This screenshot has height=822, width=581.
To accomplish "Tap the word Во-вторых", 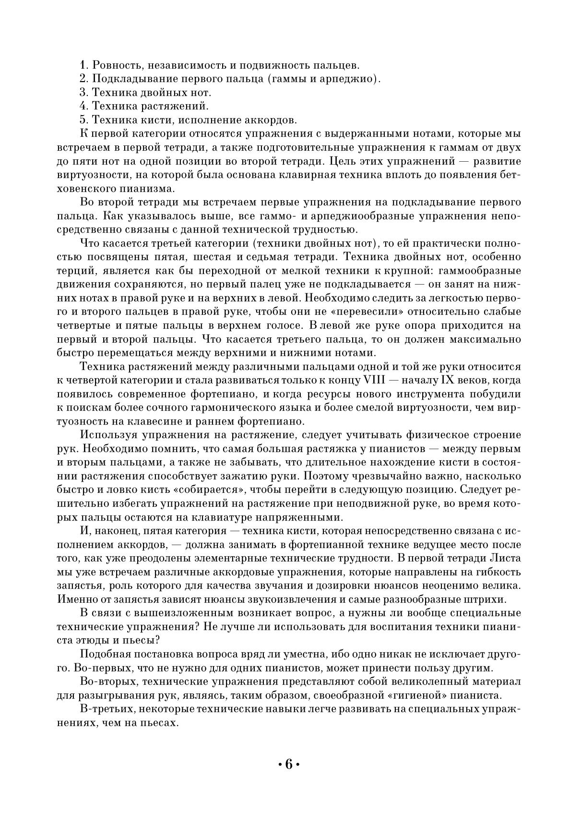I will pyautogui.click(x=105, y=681).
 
